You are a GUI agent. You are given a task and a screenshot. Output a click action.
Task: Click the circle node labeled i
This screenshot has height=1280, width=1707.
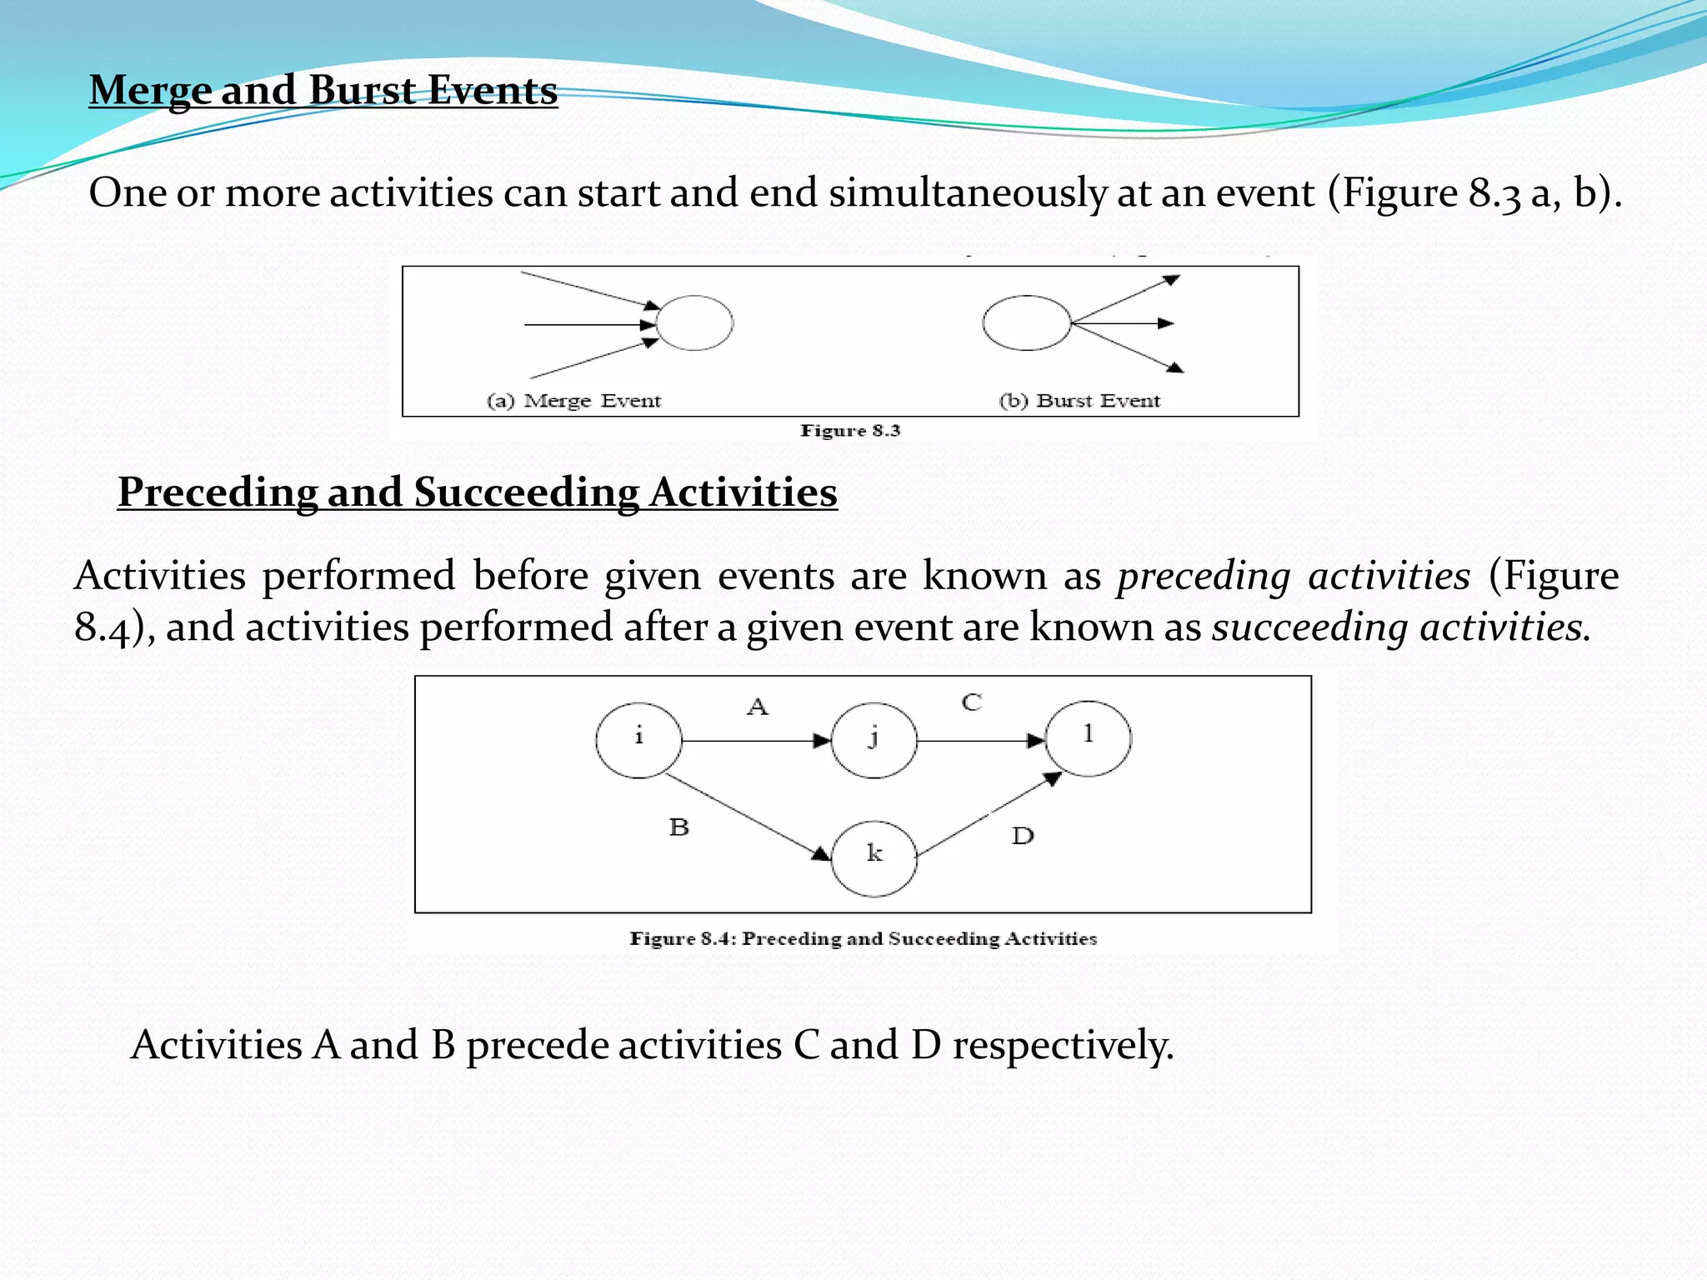click(x=638, y=741)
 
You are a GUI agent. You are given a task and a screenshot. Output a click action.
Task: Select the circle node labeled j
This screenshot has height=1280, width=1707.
click(x=874, y=741)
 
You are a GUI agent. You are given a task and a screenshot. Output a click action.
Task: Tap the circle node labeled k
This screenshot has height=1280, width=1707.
click(x=874, y=858)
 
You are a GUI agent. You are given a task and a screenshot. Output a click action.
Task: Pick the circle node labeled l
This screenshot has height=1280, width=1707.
click(x=1088, y=738)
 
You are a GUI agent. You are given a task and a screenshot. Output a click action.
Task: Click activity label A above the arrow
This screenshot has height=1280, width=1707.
click(x=757, y=707)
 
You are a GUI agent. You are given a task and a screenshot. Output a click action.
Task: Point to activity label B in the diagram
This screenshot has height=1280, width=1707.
click(x=679, y=827)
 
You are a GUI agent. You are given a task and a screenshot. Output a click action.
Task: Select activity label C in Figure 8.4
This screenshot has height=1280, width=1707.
click(x=971, y=702)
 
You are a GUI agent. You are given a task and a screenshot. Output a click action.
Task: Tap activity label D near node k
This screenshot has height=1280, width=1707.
click(x=1023, y=836)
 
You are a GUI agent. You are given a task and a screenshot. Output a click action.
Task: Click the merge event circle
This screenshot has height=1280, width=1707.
click(x=694, y=322)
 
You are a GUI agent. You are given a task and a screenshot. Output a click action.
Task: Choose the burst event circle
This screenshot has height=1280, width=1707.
click(x=1026, y=322)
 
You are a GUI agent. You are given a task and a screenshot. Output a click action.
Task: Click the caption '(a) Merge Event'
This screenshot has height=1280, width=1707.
click(x=573, y=401)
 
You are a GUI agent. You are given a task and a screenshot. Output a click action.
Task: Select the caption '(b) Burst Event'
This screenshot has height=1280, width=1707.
click(x=1079, y=401)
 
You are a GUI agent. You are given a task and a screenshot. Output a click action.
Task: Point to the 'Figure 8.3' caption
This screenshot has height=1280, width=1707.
click(x=850, y=431)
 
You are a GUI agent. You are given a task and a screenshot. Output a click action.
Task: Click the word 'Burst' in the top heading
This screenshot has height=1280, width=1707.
click(x=363, y=90)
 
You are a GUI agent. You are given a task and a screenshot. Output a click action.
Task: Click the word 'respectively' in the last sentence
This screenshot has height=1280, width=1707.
click(x=1063, y=1045)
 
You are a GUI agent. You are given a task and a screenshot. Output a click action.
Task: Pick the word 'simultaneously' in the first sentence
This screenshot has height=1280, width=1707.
click(x=967, y=193)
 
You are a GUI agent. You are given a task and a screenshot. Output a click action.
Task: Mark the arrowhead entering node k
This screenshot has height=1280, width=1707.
click(x=821, y=853)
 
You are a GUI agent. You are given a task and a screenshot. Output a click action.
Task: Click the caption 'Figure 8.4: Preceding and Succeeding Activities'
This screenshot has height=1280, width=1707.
click(x=863, y=939)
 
